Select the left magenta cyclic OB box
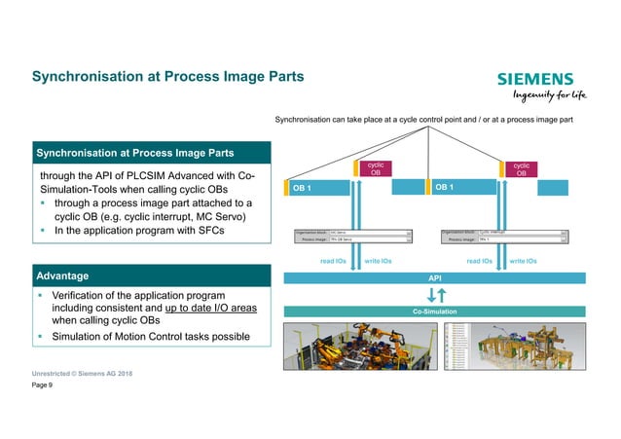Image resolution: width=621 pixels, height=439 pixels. (x=375, y=169)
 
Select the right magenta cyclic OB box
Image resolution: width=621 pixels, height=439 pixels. (x=521, y=169)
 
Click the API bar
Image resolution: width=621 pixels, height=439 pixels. (x=434, y=277)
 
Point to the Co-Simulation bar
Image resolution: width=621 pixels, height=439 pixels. (x=434, y=311)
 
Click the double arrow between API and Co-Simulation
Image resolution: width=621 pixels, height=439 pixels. (x=434, y=294)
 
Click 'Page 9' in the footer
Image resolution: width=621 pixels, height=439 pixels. (x=44, y=385)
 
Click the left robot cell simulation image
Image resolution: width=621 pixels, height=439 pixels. (x=358, y=346)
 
